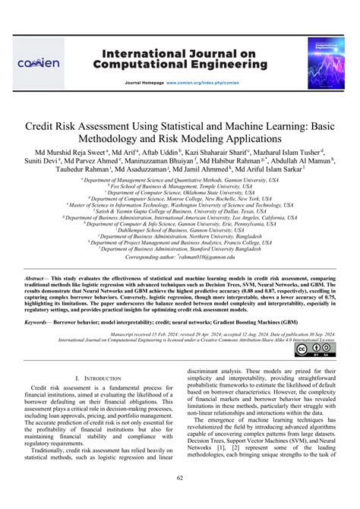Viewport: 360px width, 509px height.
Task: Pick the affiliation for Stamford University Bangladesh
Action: tap(180, 248)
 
